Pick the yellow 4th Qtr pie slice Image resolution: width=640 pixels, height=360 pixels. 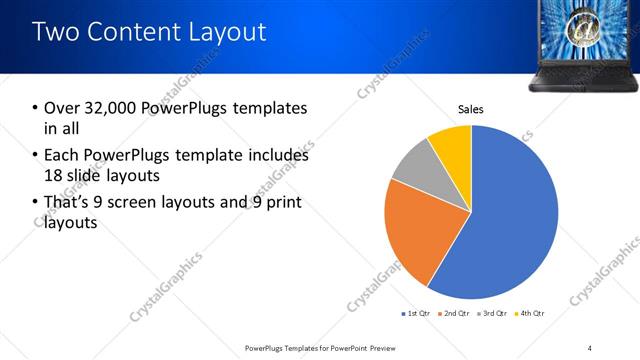pyautogui.click(x=452, y=145)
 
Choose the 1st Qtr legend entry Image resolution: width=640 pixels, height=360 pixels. pyautogui.click(x=417, y=314)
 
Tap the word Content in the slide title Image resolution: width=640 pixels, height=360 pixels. pyautogui.click(x=130, y=32)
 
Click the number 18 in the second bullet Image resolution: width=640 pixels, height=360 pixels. pyautogui.click(x=52, y=175)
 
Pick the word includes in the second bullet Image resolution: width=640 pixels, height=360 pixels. pyautogui.click(x=276, y=156)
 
